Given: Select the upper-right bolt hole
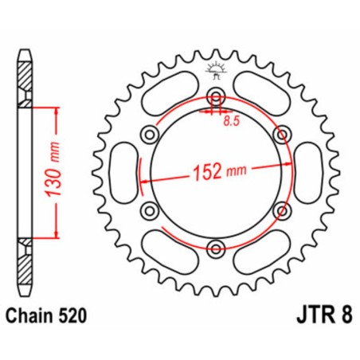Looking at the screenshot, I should (x=279, y=134).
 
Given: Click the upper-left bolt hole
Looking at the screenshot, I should (x=150, y=134).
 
